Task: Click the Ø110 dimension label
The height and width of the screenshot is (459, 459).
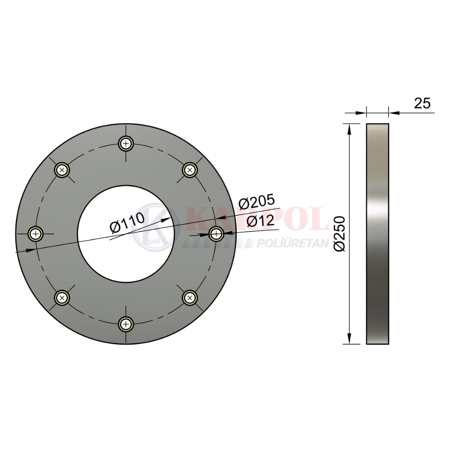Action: pos(127,223)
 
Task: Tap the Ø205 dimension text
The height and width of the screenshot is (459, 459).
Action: pos(257,202)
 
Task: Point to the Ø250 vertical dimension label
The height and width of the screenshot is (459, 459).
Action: pos(340,234)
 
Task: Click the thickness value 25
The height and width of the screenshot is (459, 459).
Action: pos(422,103)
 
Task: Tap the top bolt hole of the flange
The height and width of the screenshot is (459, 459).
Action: pos(126,144)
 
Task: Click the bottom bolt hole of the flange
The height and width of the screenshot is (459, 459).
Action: pos(126,325)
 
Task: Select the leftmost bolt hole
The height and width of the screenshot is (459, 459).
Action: pos(35,234)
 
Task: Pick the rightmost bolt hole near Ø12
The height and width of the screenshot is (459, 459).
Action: pos(216,234)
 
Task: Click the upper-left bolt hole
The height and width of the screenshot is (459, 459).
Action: pos(62,170)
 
